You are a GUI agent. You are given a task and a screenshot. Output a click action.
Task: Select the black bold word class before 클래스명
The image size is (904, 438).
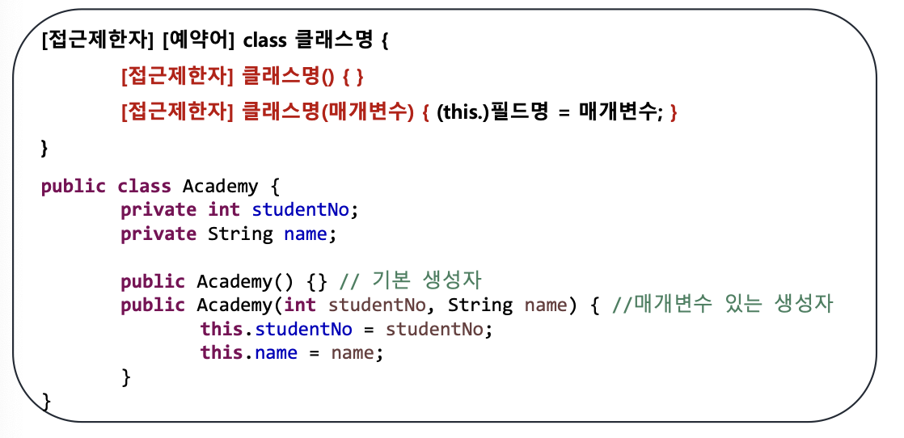coord(264,41)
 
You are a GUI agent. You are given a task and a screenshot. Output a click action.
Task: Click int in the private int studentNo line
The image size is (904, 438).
coord(224,210)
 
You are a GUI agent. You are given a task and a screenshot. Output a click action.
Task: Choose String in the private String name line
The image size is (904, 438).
coord(240,234)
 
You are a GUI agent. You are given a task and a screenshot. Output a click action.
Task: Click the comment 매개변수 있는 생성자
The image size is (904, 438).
coord(733,305)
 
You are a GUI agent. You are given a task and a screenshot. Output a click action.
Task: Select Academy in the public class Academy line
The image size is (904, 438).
coord(220,187)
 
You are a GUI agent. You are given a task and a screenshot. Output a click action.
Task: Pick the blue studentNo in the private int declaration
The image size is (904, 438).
coord(300,210)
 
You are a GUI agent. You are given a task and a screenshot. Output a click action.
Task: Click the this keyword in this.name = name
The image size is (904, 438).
coord(222,352)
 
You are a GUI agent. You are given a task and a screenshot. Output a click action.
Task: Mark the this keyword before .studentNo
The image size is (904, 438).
coord(222,329)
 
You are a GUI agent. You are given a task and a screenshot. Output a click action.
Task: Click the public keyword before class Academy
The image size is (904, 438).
coord(74,187)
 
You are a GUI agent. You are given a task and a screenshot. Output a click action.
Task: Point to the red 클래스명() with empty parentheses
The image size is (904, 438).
coord(289,77)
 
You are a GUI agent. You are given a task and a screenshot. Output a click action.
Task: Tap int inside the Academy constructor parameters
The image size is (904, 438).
coord(300,305)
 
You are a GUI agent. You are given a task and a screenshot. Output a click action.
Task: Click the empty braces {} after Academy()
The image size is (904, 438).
coord(318,282)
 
